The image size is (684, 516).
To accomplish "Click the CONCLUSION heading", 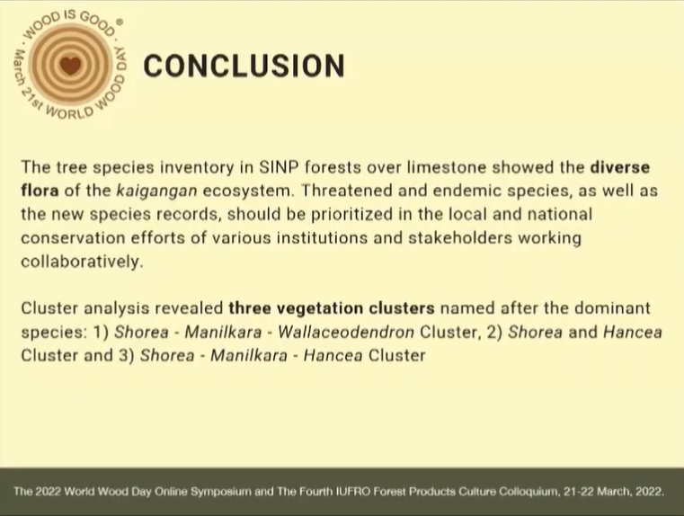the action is pyautogui.click(x=244, y=66).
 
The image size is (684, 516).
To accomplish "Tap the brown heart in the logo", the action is pyautogui.click(x=70, y=66).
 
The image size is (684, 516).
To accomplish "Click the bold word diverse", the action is pyautogui.click(x=620, y=167).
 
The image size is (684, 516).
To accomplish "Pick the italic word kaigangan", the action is pyautogui.click(x=157, y=191).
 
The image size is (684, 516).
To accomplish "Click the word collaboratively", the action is pyautogui.click(x=82, y=262).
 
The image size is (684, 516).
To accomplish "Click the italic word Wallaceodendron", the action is pyautogui.click(x=346, y=333).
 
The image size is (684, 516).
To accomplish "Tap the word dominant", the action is pyautogui.click(x=612, y=308).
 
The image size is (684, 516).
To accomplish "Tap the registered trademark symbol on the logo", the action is pyautogui.click(x=120, y=22).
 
